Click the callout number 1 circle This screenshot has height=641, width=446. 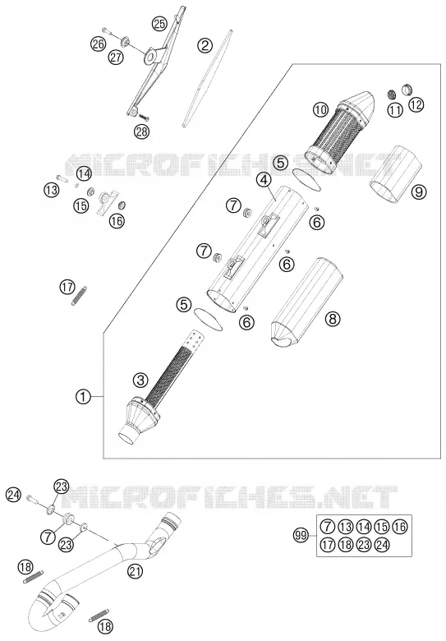coord(83,396)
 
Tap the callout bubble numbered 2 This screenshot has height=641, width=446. coord(205,45)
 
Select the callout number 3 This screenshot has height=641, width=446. coord(140,381)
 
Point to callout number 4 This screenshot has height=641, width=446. coord(264,180)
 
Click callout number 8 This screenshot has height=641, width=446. coord(333,319)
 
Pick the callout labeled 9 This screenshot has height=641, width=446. coord(419,191)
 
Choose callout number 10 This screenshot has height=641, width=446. coord(320,109)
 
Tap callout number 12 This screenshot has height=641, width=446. coord(416,105)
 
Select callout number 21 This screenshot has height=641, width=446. coord(136,571)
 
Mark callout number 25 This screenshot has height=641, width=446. coord(159,24)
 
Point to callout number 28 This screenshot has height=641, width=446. coord(142,131)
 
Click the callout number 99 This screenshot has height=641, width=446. coord(301,536)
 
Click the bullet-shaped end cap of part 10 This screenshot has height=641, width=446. coord(360,104)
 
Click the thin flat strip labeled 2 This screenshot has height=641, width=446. coord(208,78)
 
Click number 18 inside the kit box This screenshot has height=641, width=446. coord(345,545)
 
